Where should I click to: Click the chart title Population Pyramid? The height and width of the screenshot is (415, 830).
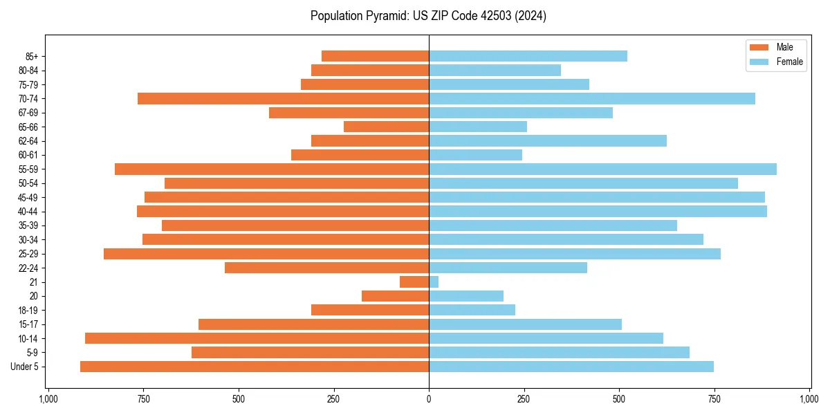point(428,16)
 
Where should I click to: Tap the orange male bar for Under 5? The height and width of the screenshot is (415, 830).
point(255,367)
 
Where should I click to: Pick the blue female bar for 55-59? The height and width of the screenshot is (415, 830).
point(602,169)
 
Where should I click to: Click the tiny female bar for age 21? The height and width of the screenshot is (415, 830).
point(434,282)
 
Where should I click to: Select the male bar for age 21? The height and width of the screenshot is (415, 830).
point(414,282)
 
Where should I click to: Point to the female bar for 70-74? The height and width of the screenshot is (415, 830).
point(592,98)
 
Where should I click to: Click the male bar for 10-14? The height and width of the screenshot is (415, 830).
point(257,338)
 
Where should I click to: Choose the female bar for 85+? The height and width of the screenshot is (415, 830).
point(528,56)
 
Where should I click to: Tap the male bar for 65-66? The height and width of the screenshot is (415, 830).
point(386,127)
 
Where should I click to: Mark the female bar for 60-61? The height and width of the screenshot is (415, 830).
point(475,155)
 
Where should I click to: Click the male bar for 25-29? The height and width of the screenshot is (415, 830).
point(266,254)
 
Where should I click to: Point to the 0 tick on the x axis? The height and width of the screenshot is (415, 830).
point(429,399)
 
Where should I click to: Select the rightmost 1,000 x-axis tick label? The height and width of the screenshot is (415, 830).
point(809,399)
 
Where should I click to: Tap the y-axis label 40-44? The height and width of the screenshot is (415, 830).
point(28,212)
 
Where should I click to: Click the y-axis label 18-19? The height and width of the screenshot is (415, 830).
point(28,311)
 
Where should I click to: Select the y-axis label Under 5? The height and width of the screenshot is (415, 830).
point(25,367)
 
